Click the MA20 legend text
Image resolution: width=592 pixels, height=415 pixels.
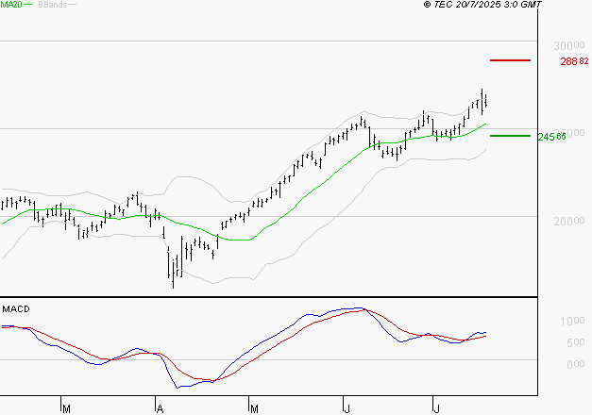pos(11,6)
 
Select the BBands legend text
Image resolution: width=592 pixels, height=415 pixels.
pos(51,6)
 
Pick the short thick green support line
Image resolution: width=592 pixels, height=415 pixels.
pos(510,136)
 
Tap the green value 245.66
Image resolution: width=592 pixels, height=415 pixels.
pos(550,137)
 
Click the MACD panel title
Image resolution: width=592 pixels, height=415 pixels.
pos(16,309)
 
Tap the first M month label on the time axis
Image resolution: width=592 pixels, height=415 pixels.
pos(65,407)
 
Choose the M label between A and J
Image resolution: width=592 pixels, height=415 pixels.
pos(254,407)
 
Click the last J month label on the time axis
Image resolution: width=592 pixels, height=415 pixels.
pos(436,407)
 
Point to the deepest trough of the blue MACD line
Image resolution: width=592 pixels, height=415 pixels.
pos(179,387)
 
